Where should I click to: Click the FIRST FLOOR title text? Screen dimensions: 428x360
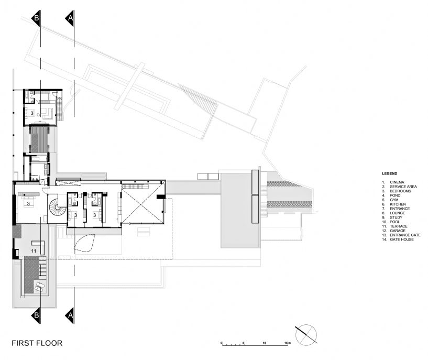tap(37, 343)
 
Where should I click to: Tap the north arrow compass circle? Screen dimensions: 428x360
tap(306, 335)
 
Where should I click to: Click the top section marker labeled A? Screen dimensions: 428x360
tap(70, 18)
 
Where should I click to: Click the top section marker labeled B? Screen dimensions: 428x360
tap(36, 18)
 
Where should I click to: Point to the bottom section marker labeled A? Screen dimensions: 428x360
tap(70, 315)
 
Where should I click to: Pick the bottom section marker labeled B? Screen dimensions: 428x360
tap(36, 315)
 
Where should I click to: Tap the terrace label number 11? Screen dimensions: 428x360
tap(34, 251)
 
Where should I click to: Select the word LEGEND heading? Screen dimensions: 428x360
tap(390, 173)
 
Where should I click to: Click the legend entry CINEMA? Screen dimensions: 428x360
tap(397, 182)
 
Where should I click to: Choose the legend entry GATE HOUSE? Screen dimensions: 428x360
tap(402, 239)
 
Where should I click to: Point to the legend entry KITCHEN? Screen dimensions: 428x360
tap(398, 204)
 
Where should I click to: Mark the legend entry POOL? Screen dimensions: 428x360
tap(394, 222)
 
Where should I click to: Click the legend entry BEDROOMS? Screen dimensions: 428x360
tap(400, 191)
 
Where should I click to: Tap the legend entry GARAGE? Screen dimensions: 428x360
tap(398, 231)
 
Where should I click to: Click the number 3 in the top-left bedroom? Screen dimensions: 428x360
tap(31, 113)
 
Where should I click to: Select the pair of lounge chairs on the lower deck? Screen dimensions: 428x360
tap(40, 287)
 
